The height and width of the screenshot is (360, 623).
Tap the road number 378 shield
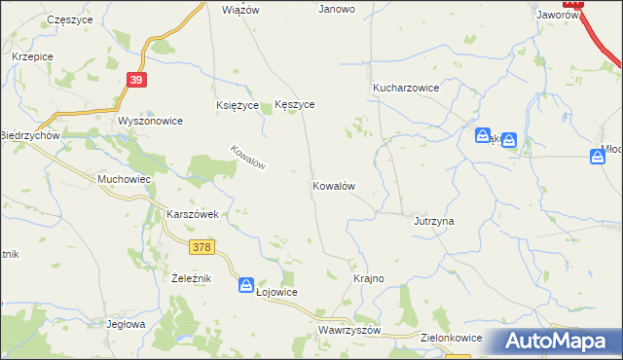pos(202,248)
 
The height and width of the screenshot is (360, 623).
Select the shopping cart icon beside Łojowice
pos(246,284)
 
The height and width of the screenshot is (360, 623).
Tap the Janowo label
pos(337,9)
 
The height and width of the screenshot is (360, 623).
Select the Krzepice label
pos(32,56)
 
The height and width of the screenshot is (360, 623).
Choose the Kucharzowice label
pos(406,88)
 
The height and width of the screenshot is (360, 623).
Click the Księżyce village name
pos(237,104)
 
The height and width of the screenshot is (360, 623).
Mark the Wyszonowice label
pos(150,121)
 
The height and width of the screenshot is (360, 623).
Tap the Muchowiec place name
pos(124,179)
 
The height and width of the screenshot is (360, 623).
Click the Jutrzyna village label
pos(434,221)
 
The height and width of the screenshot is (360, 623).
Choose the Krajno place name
pos(369,278)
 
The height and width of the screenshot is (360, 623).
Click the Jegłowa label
pos(126,324)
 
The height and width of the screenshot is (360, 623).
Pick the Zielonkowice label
pos(449,338)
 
